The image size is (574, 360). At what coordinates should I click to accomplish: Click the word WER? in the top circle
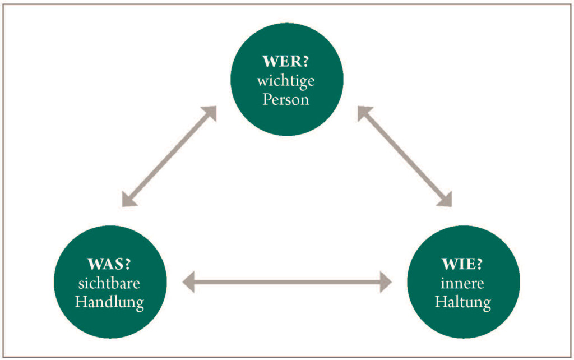click(x=285, y=61)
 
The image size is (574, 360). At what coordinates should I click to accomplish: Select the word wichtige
click(x=285, y=81)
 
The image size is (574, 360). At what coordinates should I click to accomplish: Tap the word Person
click(x=285, y=100)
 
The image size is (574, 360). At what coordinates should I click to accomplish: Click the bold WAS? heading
click(x=109, y=264)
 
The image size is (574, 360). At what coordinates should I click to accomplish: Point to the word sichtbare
click(x=109, y=283)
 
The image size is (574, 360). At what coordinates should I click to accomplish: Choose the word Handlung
click(x=109, y=302)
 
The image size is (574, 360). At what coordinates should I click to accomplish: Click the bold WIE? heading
click(x=462, y=264)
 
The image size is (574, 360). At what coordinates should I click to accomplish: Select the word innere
click(x=462, y=284)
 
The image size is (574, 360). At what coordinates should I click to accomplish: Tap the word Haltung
click(x=462, y=302)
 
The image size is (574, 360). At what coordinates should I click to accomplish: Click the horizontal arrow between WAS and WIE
click(x=287, y=282)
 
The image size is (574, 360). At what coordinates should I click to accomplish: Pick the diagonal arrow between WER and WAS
click(x=169, y=156)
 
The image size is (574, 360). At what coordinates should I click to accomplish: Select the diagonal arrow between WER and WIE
click(x=405, y=156)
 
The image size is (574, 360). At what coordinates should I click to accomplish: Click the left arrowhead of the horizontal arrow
click(x=188, y=282)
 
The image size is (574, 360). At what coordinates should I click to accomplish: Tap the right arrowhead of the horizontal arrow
click(x=386, y=282)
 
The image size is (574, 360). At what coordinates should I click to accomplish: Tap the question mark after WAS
click(x=127, y=264)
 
